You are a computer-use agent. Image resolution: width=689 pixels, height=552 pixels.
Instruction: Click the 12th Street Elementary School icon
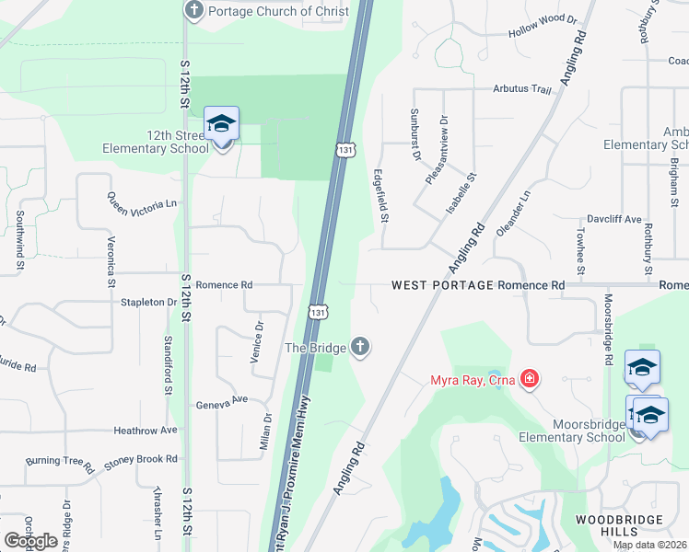(x=221, y=124)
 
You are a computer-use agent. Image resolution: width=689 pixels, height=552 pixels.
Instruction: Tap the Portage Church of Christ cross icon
(x=194, y=11)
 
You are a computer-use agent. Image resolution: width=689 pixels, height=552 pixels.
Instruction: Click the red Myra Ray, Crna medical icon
(x=529, y=378)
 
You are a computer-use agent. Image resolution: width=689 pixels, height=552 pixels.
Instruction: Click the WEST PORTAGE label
(x=442, y=285)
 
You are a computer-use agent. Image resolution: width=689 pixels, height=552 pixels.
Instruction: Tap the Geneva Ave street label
(x=222, y=401)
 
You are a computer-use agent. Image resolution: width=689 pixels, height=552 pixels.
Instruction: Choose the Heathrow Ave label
(x=145, y=430)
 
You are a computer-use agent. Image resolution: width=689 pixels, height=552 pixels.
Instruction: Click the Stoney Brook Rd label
(x=140, y=458)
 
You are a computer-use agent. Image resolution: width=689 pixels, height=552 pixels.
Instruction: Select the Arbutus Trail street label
(x=521, y=90)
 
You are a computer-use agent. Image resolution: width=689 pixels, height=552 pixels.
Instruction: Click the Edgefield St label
(x=381, y=195)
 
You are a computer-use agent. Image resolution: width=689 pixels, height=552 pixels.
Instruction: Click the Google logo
(x=31, y=541)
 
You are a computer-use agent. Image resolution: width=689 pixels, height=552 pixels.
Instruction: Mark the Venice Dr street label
(x=258, y=341)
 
